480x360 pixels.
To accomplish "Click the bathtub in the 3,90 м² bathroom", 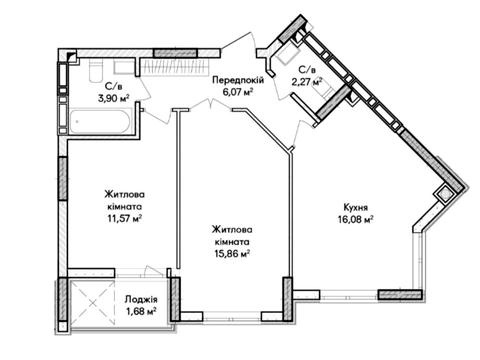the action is (x=99, y=121).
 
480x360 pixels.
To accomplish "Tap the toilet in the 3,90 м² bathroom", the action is (x=96, y=70).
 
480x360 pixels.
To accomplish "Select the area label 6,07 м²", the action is (x=237, y=91).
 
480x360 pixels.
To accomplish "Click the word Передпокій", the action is (x=238, y=80).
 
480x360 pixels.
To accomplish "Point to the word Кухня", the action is (x=356, y=207).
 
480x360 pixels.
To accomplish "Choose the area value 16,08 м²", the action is (x=354, y=219).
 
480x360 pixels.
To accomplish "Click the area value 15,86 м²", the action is (x=232, y=253).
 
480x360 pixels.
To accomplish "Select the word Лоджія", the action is (x=141, y=299).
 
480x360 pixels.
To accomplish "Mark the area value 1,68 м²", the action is (x=141, y=311).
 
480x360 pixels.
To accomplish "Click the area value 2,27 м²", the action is (x=307, y=81).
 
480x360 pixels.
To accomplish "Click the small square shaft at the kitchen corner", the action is (x=444, y=194).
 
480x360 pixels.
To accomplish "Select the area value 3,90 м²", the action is (x=113, y=98).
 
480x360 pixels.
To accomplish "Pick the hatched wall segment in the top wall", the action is (x=175, y=53).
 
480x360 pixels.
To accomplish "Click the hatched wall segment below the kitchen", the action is (x=400, y=294).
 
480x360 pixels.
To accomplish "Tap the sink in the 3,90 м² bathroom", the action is (x=124, y=67).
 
